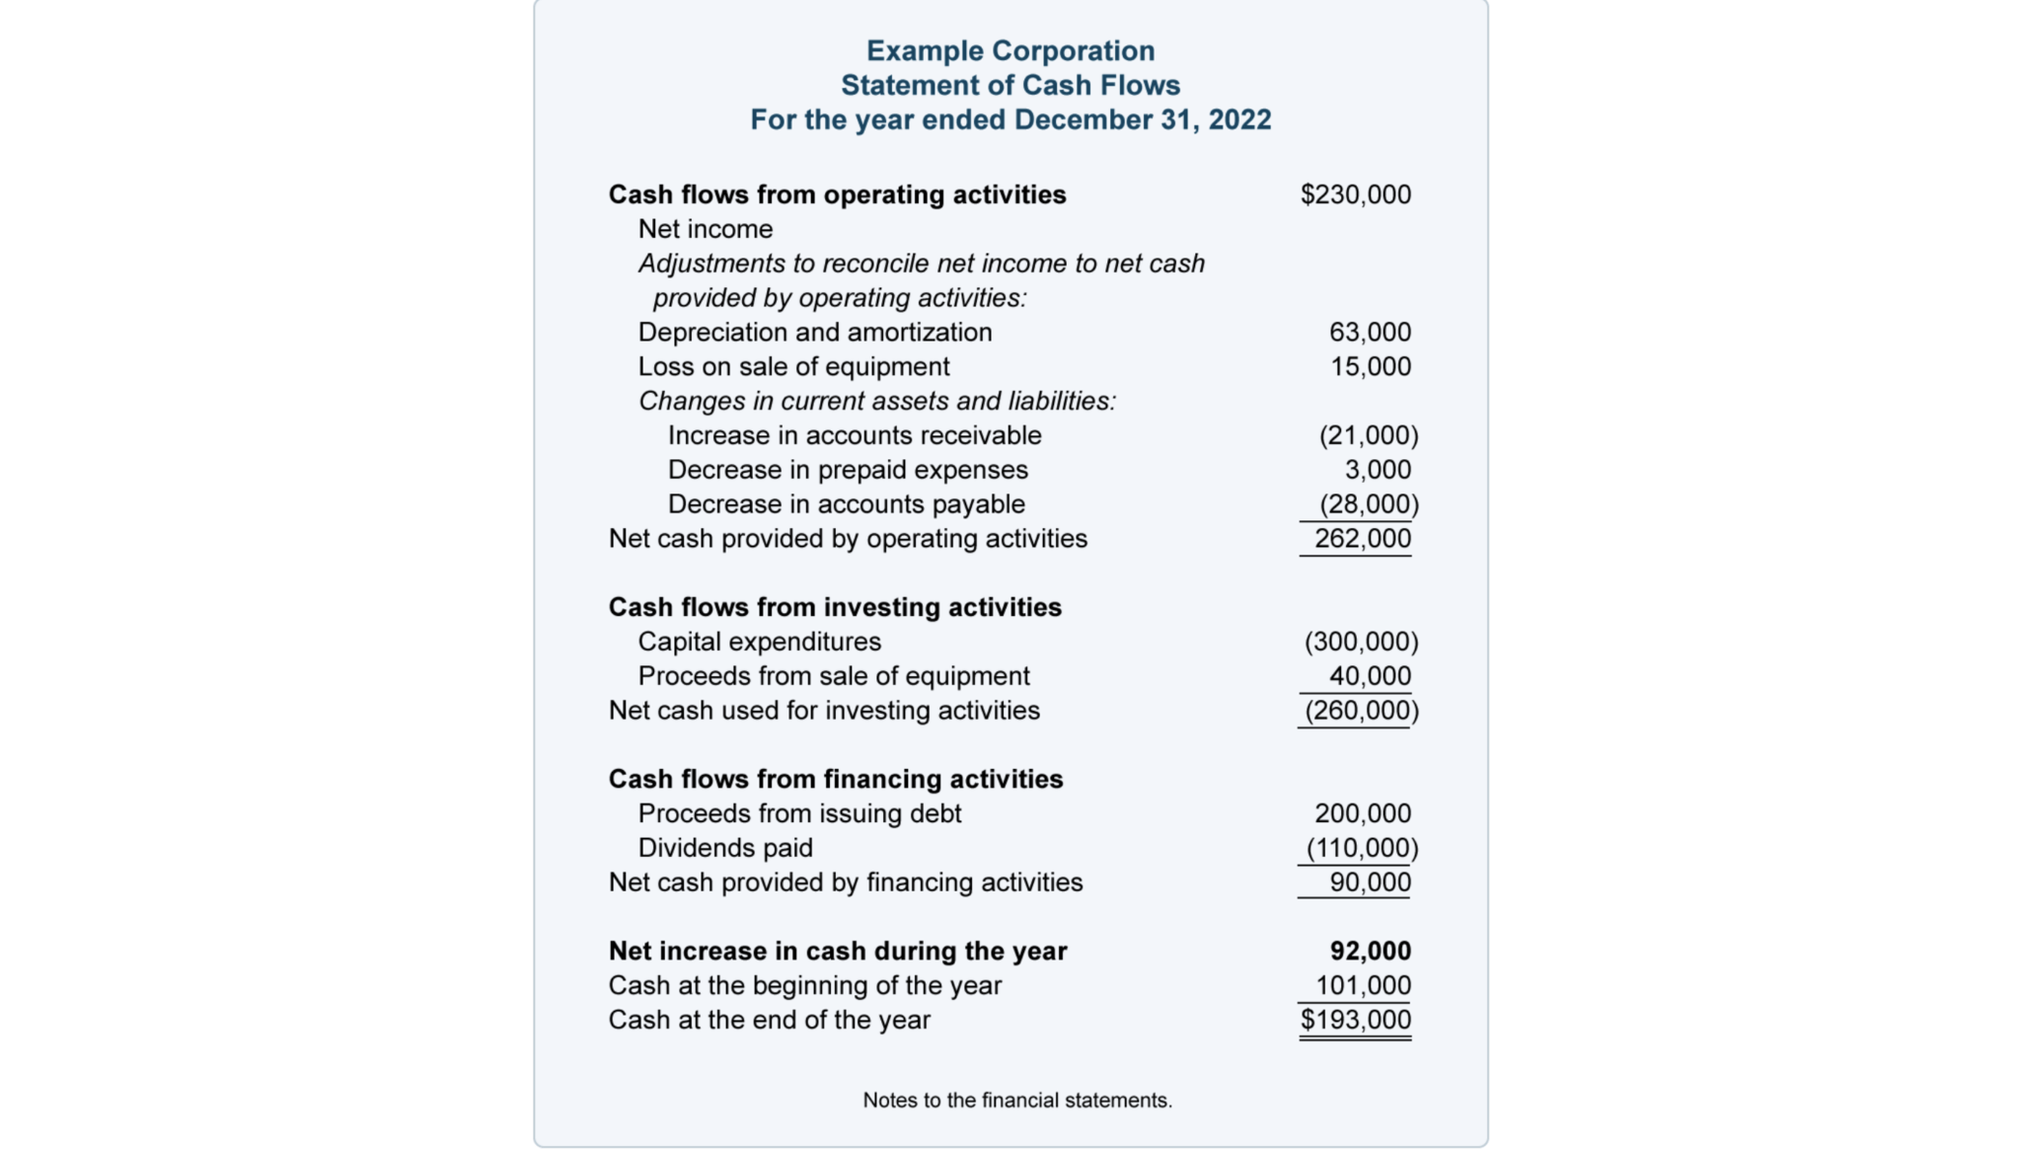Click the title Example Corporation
[1010, 50]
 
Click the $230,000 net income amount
[1355, 194]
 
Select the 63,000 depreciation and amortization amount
[1370, 332]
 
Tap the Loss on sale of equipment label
[793, 366]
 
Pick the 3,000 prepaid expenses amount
[1378, 470]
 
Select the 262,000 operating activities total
[1362, 539]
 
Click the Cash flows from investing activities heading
[835, 607]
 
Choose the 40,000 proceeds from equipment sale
[1370, 676]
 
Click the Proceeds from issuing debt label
[799, 813]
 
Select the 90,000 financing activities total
[1370, 882]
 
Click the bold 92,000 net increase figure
[1370, 951]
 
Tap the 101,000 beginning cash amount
[1363, 985]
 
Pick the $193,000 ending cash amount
[1355, 1020]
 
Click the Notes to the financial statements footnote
[1017, 1101]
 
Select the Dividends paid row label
[725, 848]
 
